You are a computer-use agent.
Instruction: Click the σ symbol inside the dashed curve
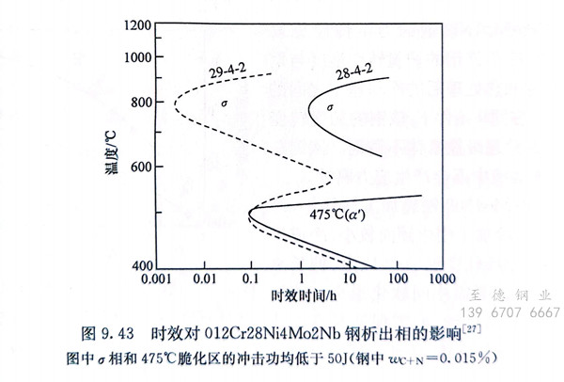(x=224, y=102)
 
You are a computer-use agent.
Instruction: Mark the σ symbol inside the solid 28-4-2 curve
(x=329, y=108)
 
